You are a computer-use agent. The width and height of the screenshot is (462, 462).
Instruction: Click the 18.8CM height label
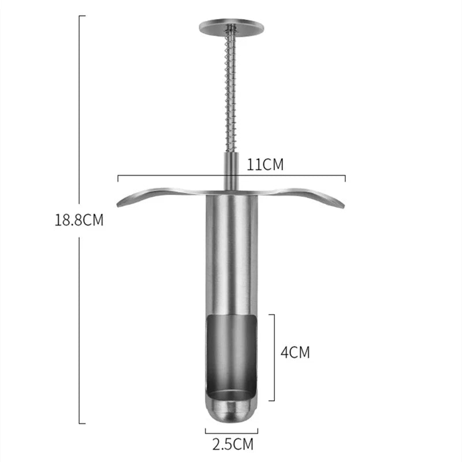79,220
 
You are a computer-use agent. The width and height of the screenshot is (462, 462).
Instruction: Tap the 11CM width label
265,165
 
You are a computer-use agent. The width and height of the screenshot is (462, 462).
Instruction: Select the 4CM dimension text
295,352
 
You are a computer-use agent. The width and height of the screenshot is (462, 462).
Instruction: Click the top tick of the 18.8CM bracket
82,16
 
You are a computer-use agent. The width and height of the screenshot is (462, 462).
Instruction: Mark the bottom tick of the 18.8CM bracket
82,423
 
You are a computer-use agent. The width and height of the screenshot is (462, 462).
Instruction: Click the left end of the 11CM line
118,177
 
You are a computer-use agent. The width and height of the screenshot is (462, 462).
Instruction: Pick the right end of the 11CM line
345,177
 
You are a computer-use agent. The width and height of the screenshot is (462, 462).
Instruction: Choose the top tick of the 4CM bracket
271,314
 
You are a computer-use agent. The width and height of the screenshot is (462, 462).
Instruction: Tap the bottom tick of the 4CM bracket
271,400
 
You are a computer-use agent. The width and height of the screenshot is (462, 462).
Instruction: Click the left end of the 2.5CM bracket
205,430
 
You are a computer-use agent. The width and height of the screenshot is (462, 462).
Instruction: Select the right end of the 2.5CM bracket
258,430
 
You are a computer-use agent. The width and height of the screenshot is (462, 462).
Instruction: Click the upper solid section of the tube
231,254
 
